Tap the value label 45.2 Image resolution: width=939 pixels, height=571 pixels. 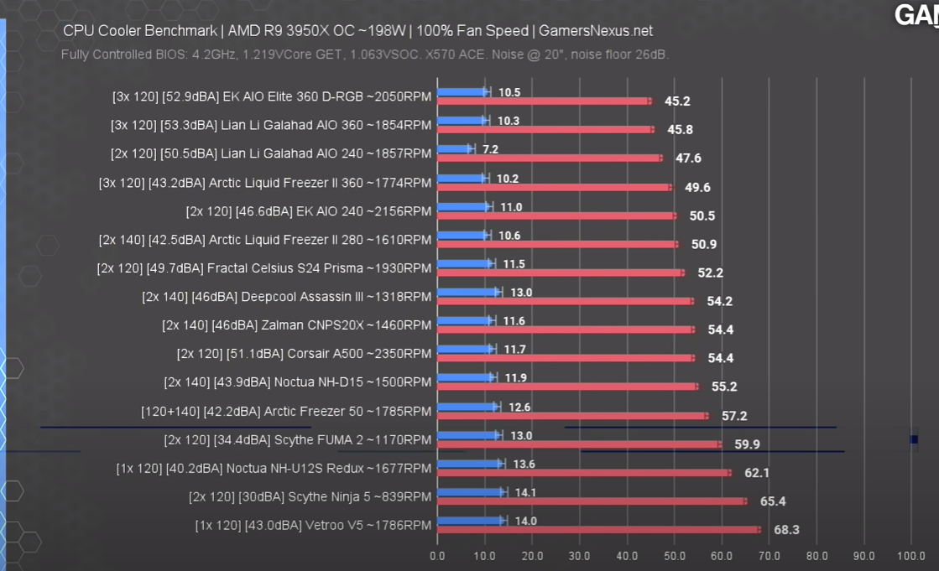[677, 101]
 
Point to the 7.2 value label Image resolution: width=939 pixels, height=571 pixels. [490, 149]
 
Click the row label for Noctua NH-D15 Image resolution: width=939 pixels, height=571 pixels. [298, 382]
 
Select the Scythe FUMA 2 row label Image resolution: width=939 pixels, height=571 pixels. [298, 439]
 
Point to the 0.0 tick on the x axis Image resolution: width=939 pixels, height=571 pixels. [437, 556]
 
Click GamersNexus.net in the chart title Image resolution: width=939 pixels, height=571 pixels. [596, 31]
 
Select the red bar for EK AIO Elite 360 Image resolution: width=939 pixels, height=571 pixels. [544, 101]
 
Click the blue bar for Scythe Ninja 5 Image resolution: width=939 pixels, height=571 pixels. [470, 492]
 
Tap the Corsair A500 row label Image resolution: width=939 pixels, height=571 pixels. [304, 354]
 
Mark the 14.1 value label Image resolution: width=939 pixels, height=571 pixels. [525, 493]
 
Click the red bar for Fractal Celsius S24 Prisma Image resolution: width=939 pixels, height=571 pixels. [561, 273]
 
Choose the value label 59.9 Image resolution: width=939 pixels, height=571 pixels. [747, 444]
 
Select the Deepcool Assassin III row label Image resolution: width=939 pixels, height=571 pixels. [287, 297]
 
